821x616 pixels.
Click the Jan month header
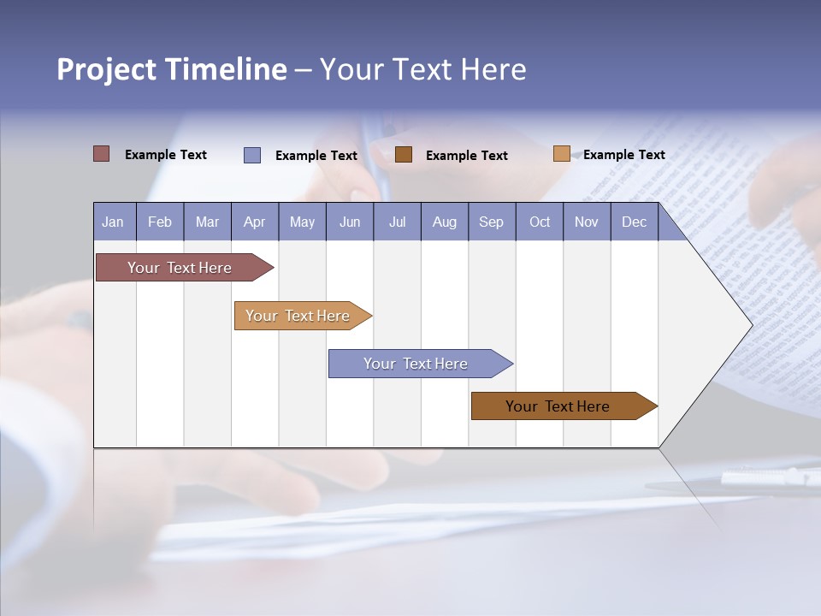click(114, 222)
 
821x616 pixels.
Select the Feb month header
click(160, 222)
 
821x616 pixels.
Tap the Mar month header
click(207, 222)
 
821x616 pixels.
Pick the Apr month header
click(255, 222)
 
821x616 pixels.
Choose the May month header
click(302, 222)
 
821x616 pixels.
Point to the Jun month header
click(350, 222)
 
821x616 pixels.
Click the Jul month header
click(397, 222)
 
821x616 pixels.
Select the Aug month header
click(445, 222)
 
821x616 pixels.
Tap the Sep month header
click(492, 222)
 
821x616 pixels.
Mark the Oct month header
click(540, 222)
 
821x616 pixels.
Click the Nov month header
click(587, 222)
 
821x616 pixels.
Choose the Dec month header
click(635, 222)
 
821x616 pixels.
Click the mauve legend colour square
click(102, 154)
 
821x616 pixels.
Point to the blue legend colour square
click(252, 155)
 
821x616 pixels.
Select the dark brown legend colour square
click(404, 154)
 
